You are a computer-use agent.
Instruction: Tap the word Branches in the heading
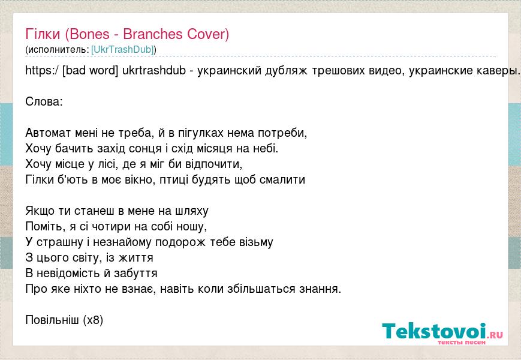point(153,34)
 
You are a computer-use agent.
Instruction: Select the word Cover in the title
point(206,34)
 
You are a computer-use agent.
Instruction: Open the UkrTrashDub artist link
point(122,50)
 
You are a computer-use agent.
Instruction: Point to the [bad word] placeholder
point(90,70)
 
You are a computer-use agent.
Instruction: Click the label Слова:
point(44,101)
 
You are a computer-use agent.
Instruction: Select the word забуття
point(135,273)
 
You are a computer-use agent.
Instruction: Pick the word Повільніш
point(52,320)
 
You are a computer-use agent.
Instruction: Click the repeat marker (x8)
point(93,320)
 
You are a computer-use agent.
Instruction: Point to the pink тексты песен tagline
point(461,343)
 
